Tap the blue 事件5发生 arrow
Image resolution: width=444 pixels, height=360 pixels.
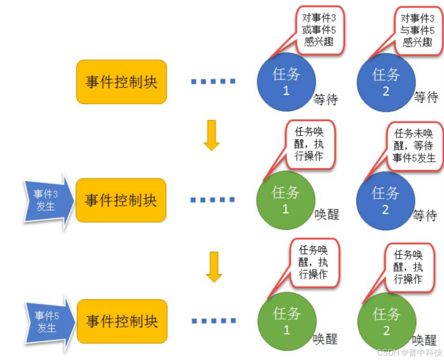[46, 322]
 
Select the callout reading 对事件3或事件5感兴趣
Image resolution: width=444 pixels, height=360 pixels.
[319, 30]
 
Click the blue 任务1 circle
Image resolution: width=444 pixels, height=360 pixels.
[286, 82]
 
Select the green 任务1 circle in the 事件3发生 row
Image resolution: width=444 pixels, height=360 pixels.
[286, 200]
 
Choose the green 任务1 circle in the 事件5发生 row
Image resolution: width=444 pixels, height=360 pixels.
[287, 321]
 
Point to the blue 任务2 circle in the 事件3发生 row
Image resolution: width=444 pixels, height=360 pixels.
[385, 200]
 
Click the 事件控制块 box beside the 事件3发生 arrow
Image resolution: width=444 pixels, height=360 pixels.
[121, 200]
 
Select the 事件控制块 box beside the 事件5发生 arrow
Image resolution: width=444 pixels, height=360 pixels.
[121, 321]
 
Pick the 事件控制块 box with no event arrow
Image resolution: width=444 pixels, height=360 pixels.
[121, 82]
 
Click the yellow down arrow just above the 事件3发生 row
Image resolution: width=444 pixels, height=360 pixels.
[212, 135]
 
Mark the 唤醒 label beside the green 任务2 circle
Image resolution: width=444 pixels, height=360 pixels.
[425, 340]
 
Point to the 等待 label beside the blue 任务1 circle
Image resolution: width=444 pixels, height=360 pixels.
[326, 99]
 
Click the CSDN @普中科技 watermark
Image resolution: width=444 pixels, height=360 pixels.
[410, 352]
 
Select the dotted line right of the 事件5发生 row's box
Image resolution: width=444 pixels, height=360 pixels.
[213, 321]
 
